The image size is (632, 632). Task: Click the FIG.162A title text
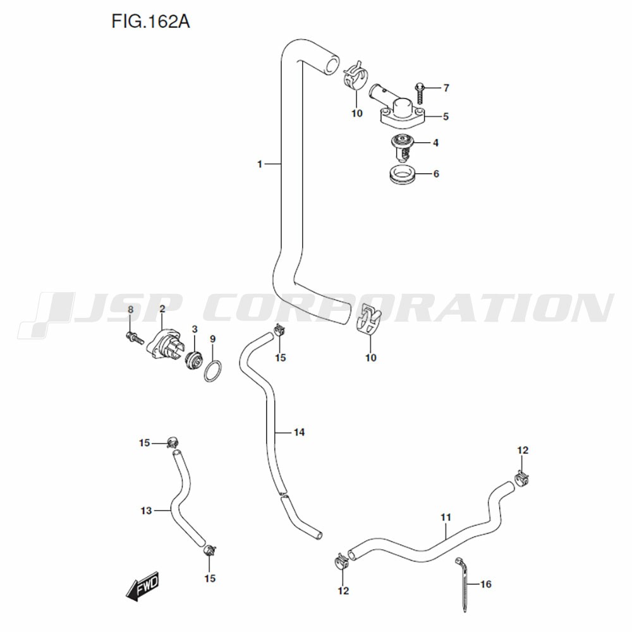150,21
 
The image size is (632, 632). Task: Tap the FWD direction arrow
143,586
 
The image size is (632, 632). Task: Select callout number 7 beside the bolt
446,88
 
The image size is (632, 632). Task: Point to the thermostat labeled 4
401,147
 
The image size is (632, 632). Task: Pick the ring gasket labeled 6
401,174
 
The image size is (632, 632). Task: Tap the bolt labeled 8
134,337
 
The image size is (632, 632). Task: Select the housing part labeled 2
165,347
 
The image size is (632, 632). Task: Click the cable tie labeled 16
462,584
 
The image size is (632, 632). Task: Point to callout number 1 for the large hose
260,164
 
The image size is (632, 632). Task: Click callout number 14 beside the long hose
299,432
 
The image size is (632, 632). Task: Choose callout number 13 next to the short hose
146,511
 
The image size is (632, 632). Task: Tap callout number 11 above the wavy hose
446,517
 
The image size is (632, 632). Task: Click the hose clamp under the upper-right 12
522,478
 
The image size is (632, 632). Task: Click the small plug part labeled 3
194,360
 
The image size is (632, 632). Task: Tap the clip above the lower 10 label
369,319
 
